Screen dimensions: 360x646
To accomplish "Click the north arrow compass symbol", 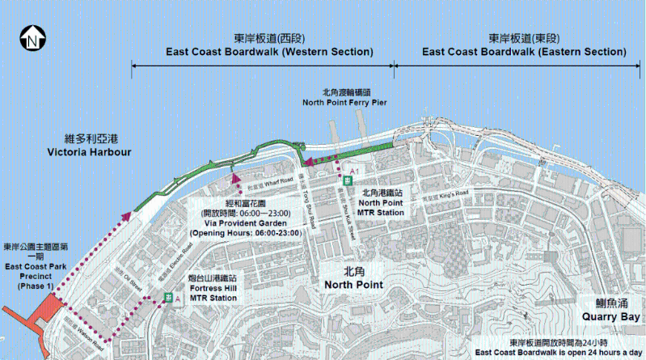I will tap(31, 37).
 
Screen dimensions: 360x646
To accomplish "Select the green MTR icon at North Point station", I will tap(345, 181).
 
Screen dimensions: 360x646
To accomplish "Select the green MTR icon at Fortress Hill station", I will tap(167, 298).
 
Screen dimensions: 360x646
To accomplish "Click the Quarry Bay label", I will tap(611, 311).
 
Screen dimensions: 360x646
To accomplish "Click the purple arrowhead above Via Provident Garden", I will tap(235, 179).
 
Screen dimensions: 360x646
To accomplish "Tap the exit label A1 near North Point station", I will tap(352, 171).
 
